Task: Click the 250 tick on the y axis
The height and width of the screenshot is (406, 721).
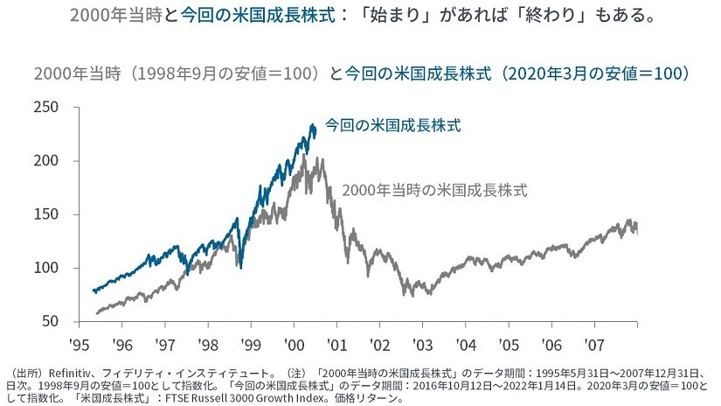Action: pyautogui.click(x=46, y=108)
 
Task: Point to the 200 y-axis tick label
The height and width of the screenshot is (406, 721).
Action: pyautogui.click(x=46, y=161)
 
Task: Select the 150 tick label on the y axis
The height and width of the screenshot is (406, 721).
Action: pyautogui.click(x=46, y=215)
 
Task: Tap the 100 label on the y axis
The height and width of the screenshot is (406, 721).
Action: pyautogui.click(x=46, y=269)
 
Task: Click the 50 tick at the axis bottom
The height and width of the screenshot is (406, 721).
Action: pyautogui.click(x=51, y=322)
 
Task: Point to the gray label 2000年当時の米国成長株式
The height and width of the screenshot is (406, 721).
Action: pyautogui.click(x=435, y=189)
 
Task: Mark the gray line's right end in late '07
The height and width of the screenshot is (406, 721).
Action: pyautogui.click(x=636, y=229)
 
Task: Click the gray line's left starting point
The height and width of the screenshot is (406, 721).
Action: pyautogui.click(x=95, y=312)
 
